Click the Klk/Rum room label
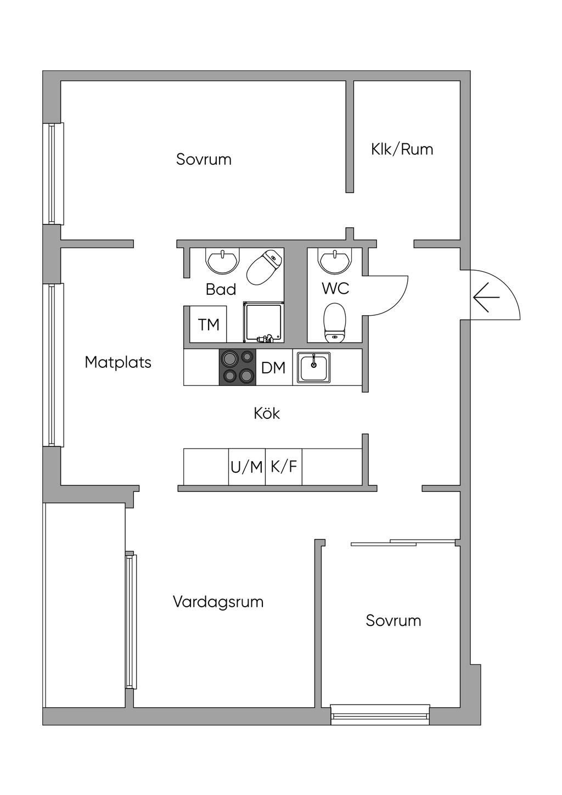tap(402, 149)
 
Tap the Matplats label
tap(118, 362)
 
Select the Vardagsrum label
tap(218, 602)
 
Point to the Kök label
tap(267, 413)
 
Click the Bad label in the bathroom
tap(221, 289)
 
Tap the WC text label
tap(335, 288)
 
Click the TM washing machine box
tap(208, 324)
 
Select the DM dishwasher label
tap(273, 368)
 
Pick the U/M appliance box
tap(247, 467)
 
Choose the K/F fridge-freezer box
tap(284, 467)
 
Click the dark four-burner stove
tap(238, 367)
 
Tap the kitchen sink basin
tap(313, 368)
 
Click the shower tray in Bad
tap(263, 322)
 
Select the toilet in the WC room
tap(335, 323)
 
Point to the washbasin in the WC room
tap(335, 260)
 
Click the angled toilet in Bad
tap(265, 267)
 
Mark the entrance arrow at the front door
tap(486, 297)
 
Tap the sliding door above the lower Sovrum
tap(403, 542)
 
